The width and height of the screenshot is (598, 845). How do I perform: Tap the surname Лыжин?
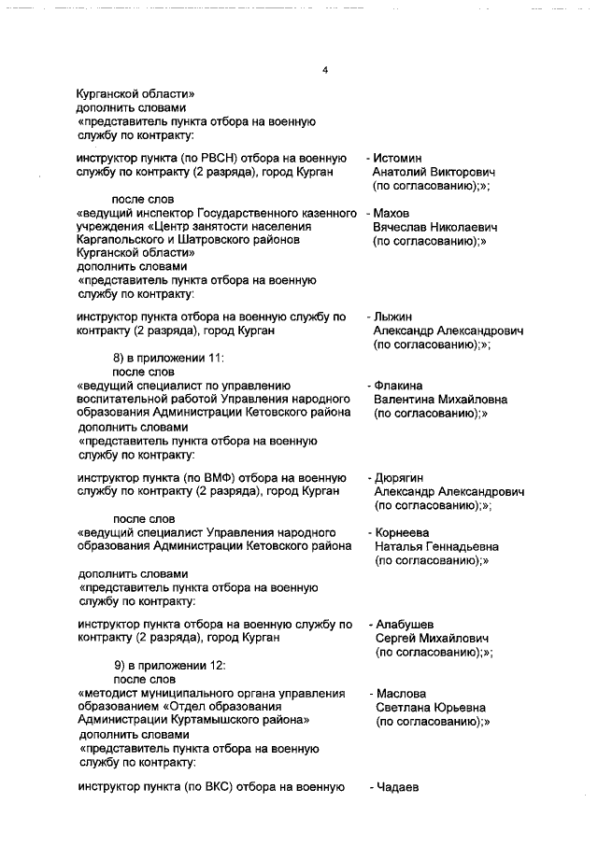click(x=394, y=317)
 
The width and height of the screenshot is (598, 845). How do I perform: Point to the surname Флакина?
click(x=399, y=385)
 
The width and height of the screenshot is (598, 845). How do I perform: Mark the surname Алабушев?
click(x=405, y=623)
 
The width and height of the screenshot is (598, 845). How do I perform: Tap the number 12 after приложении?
click(x=217, y=666)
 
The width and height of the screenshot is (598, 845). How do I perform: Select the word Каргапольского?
click(x=121, y=239)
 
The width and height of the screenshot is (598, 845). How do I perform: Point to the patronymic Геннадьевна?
click(x=458, y=546)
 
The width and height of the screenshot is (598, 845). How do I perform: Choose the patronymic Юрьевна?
click(x=459, y=708)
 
